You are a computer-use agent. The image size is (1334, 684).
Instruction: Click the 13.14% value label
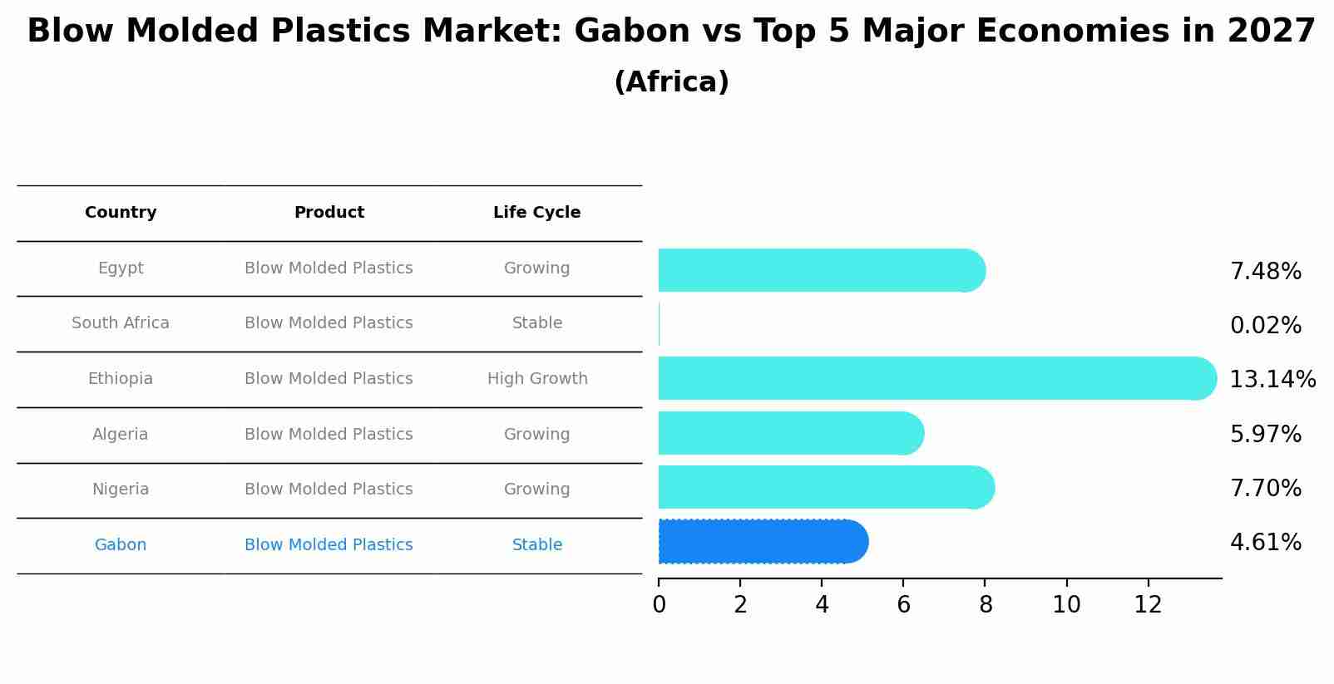click(1272, 380)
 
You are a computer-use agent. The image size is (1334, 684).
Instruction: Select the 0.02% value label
click(1265, 326)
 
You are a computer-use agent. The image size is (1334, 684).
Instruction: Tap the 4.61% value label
click(1265, 543)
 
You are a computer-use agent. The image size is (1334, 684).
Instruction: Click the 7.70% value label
click(1265, 489)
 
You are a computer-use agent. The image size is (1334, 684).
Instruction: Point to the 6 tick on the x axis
click(903, 605)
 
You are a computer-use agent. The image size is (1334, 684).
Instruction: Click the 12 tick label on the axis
click(1148, 605)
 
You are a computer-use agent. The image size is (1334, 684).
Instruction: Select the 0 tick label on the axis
click(659, 605)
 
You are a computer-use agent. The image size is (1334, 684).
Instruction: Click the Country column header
click(121, 213)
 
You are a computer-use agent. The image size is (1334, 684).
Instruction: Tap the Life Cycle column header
click(536, 213)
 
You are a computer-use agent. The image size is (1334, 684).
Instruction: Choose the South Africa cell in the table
click(121, 323)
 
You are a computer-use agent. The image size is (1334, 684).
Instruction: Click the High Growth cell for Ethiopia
click(536, 379)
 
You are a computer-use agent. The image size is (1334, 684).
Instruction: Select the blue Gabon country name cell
click(121, 545)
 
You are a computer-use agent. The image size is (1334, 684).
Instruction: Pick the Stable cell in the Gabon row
click(536, 545)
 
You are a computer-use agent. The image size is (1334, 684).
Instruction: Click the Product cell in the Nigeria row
click(329, 490)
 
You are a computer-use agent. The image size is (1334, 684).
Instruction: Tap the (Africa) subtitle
click(671, 82)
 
